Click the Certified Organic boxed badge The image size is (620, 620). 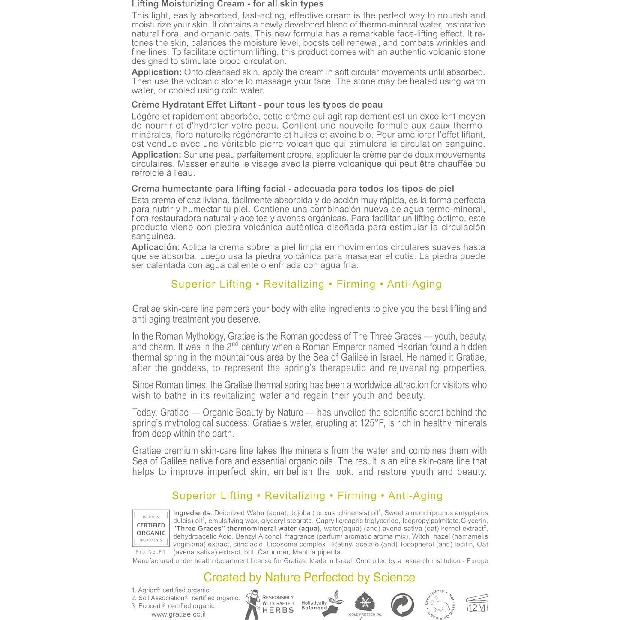[x=150, y=529]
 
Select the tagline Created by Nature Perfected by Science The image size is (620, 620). [x=309, y=577]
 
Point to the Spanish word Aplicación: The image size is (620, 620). [x=155, y=247]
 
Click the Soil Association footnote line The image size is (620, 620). [x=185, y=598]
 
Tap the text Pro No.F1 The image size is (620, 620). [x=150, y=552]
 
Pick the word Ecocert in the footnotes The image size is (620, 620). [x=151, y=606]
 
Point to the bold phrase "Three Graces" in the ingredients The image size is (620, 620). [x=198, y=528]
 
